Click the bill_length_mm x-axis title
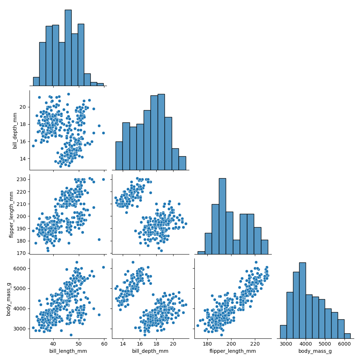tap(68, 351)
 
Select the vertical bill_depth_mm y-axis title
tap(15, 130)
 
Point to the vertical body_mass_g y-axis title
tap(9, 298)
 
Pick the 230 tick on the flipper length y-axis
tap(22, 179)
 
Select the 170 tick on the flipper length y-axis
tap(22, 253)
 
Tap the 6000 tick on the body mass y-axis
tap(21, 268)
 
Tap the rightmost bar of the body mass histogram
tap(347, 336)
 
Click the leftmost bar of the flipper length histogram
tap(201, 253)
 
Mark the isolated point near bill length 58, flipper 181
tap(99, 239)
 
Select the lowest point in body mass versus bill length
tap(71, 335)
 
